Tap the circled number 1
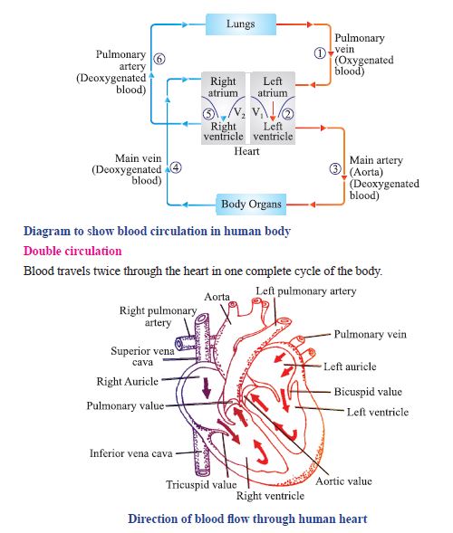point(319,53)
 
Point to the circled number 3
point(335,168)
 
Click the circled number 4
point(176,167)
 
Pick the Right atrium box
point(223,87)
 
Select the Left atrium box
point(273,87)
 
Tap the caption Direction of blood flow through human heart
point(247,519)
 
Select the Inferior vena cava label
point(130,452)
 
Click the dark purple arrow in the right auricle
point(207,387)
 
